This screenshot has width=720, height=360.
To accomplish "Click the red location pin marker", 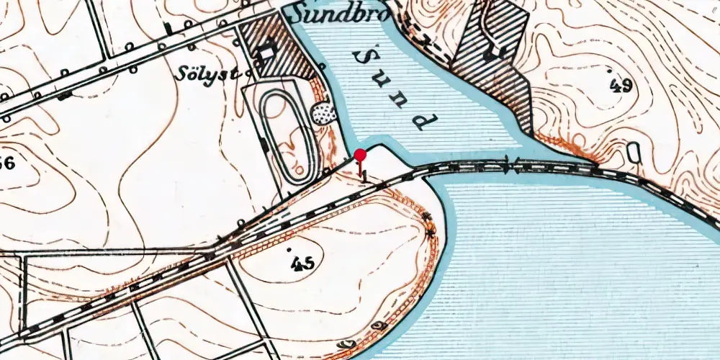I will pyautogui.click(x=360, y=154).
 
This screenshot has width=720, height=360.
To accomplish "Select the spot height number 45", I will pyautogui.click(x=303, y=264).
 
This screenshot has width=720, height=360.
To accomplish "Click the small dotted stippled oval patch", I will pyautogui.click(x=321, y=112).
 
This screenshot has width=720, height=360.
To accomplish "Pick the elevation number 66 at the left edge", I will pyautogui.click(x=6, y=163).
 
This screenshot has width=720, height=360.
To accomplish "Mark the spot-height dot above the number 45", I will pyautogui.click(x=291, y=250).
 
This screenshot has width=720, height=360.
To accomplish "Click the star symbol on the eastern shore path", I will pyautogui.click(x=431, y=233).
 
